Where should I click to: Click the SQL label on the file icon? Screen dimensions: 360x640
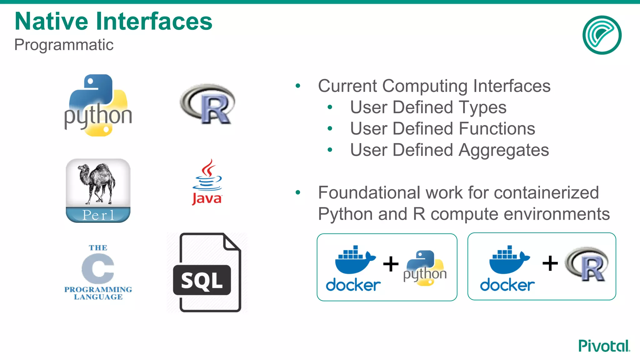pos(202,280)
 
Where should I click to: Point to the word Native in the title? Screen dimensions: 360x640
pos(51,21)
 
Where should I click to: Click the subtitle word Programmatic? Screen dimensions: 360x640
pos(64,45)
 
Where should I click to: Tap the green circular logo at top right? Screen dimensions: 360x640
pos(602,35)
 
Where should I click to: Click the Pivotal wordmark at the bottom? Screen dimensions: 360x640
pos(604,346)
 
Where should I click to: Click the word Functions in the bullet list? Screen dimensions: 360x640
pos(497,128)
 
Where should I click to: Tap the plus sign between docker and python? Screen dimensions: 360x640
pos(391,264)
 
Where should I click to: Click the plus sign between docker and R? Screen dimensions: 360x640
pos(550,263)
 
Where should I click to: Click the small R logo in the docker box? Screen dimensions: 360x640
pos(587,264)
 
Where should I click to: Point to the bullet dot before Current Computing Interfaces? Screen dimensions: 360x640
pos(298,86)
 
